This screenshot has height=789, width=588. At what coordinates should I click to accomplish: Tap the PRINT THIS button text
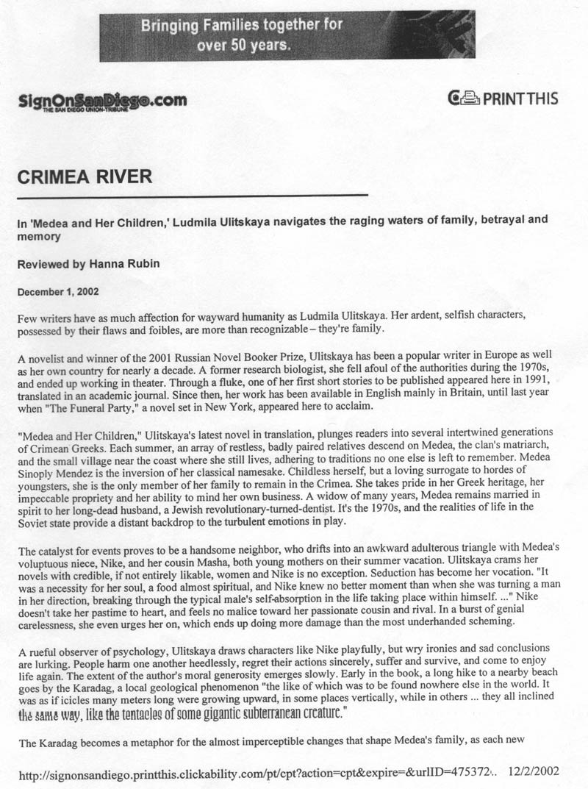[520, 98]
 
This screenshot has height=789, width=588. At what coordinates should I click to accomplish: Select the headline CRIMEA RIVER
[85, 177]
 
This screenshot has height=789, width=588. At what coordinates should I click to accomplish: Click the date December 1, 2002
[58, 291]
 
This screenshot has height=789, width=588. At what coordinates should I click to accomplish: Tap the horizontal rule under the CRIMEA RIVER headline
[192, 196]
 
